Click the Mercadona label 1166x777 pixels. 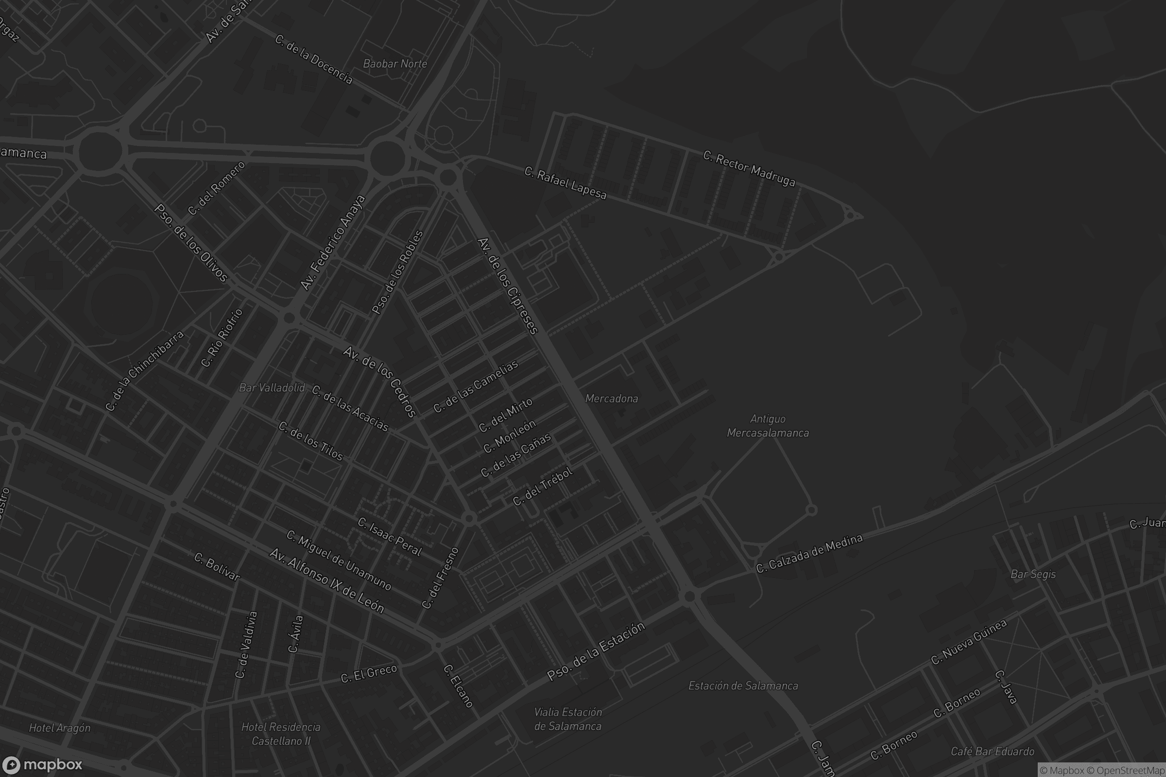611,398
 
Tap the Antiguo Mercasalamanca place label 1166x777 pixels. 768,426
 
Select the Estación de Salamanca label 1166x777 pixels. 743,686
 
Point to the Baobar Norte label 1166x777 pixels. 394,64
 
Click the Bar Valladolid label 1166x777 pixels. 272,388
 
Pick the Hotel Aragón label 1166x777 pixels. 59,728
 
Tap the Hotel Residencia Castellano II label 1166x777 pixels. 281,734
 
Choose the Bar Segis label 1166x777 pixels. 1033,574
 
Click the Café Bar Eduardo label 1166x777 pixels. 992,751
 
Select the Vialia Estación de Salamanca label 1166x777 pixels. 567,719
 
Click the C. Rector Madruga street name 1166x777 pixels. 749,169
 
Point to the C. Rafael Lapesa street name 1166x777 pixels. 565,184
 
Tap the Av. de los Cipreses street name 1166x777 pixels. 507,287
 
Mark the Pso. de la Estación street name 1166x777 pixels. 596,651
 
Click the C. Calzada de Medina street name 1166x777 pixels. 808,554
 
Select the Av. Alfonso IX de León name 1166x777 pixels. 326,581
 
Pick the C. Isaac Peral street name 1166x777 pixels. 390,537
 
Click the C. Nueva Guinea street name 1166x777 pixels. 968,642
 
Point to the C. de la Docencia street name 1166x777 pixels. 313,59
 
